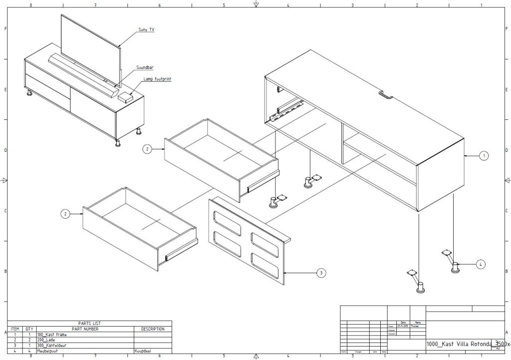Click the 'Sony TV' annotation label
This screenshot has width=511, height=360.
coord(146,30)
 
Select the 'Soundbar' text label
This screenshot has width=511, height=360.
coord(145,67)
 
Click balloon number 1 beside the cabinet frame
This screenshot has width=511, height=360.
coord(484,156)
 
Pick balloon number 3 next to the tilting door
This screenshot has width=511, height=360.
coord(321,273)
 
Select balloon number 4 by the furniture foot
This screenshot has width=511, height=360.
coord(480,264)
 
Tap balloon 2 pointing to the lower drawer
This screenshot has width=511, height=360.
coord(65,214)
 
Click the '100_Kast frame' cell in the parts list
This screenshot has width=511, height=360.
coord(52,335)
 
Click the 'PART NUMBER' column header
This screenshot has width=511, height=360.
coord(85,329)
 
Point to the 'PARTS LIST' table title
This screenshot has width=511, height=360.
coord(89,324)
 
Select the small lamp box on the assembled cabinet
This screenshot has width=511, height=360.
coord(125,96)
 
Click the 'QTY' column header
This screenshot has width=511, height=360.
coord(29,329)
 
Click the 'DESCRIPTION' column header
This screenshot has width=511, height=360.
coord(153,329)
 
